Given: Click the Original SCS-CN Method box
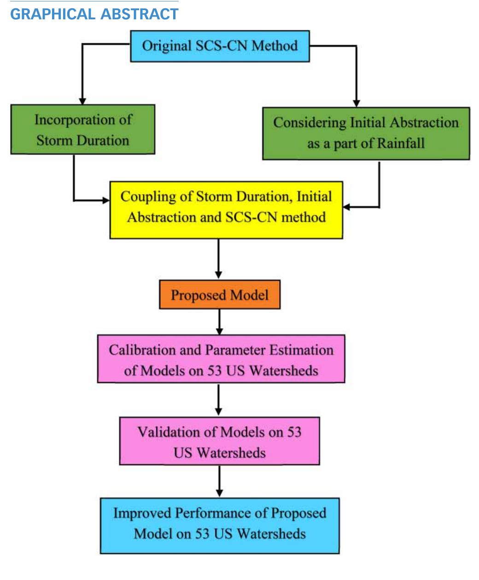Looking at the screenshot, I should coord(220,46).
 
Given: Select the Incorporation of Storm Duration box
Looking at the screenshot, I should coord(82,129).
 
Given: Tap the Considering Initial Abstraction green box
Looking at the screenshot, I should coord(366,133).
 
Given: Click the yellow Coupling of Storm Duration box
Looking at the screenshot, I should coord(226,210).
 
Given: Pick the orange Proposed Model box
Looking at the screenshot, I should coord(219,295).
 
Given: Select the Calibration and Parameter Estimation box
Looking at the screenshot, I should coord(221,359).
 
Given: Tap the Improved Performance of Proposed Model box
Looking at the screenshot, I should coord(219,525).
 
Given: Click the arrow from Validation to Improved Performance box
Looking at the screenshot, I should coord(219,481).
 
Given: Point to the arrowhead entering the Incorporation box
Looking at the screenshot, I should coord(82,100).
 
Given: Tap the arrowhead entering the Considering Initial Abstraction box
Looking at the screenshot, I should coord(356,103).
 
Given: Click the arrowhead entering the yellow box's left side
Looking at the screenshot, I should coord(105,200).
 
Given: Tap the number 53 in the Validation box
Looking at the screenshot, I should coord(294,432).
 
